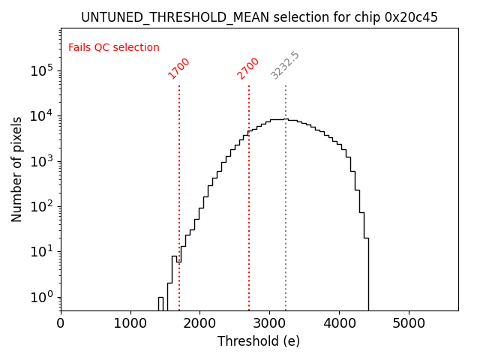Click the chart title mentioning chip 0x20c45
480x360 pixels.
259,17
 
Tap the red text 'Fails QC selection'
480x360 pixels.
114,48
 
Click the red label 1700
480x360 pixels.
179,68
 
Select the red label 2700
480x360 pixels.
248,68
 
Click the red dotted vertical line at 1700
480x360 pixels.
179,187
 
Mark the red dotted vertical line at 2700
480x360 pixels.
249,187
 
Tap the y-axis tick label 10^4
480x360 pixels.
40,116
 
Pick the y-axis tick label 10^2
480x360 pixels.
40,206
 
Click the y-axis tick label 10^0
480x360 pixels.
40,297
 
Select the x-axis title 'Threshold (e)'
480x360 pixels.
259,342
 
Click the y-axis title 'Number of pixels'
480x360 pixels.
17,169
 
